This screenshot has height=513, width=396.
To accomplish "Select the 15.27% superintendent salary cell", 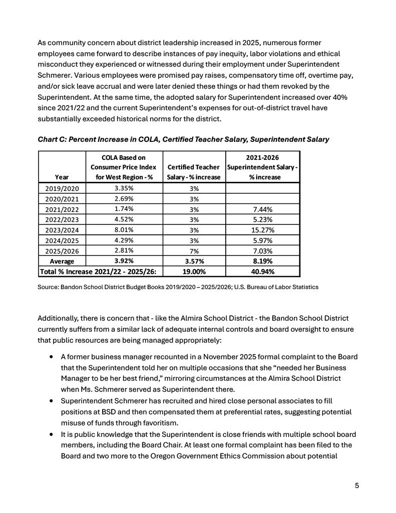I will pyautogui.click(x=263, y=230).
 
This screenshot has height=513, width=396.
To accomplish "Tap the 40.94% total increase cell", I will pyautogui.click(x=263, y=272).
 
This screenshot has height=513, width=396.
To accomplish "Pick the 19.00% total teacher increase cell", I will pyautogui.click(x=194, y=272).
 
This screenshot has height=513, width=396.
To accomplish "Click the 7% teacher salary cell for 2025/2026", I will pyautogui.click(x=194, y=251).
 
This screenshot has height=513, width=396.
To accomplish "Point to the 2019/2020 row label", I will pyautogui.click(x=63, y=188).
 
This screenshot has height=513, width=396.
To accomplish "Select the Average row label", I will pyautogui.click(x=63, y=262).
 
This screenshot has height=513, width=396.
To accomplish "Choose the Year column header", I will pyautogui.click(x=63, y=177).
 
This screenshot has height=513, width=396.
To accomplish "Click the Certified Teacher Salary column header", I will pyautogui.click(x=194, y=172).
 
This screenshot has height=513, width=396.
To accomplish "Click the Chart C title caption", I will pyautogui.click(x=183, y=139).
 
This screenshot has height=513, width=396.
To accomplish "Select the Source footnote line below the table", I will pyautogui.click(x=178, y=287).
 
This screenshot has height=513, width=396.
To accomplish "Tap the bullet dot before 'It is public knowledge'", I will pyautogui.click(x=52, y=434).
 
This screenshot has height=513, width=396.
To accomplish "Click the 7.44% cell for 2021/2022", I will pyautogui.click(x=263, y=209).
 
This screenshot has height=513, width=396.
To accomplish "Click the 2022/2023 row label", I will pyautogui.click(x=63, y=219).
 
